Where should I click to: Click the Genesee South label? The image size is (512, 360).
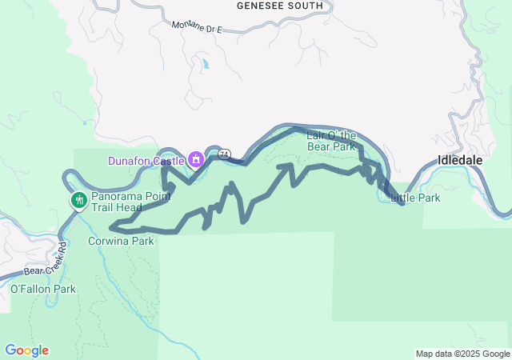point(280,6)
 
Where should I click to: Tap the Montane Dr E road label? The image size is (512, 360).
point(196,26)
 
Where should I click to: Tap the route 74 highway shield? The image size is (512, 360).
point(225,154)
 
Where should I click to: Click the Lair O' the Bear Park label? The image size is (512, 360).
point(330,141)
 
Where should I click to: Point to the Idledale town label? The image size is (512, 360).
point(460,159)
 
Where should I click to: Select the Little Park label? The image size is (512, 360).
point(415,198)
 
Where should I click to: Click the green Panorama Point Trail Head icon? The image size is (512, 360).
point(78,200)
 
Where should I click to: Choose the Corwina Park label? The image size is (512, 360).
point(121,240)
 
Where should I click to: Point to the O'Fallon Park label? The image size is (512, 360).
point(42,289)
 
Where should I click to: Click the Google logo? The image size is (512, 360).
point(26,350)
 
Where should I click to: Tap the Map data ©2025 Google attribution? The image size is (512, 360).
point(462,354)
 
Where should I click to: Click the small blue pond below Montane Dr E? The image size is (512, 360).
point(206,63)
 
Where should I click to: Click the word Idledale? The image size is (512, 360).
point(460,159)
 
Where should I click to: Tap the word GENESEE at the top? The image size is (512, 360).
point(261,6)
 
